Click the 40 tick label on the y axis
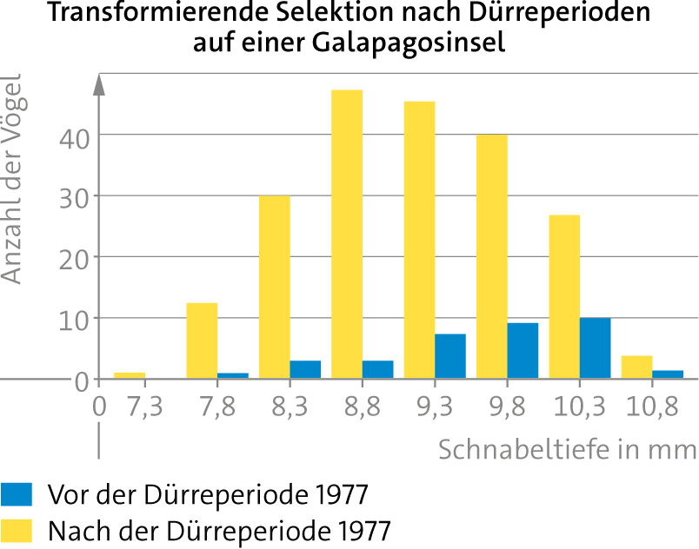pos(75,139)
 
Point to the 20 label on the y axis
pos(75,261)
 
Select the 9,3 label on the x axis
pos(435,407)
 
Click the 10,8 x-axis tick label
pos(652,407)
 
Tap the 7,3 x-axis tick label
pos(145,407)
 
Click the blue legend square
pos(17,494)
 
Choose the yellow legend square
pos(17,531)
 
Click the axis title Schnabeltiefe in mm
pos(568,449)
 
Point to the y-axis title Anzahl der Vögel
pos(11,179)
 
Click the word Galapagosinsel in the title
pos(409,43)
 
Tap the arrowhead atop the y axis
pos(99,84)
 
